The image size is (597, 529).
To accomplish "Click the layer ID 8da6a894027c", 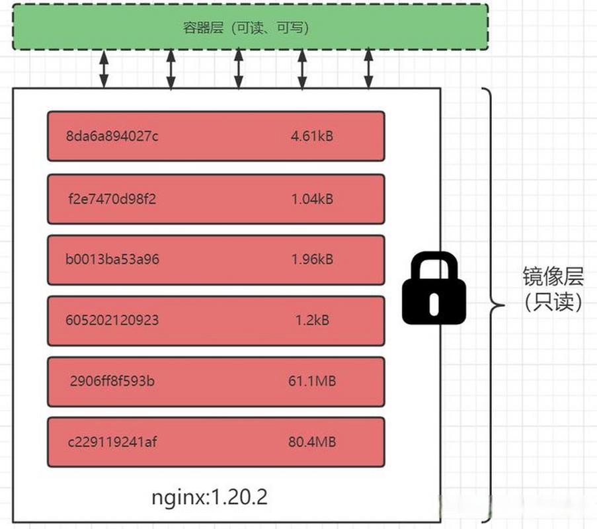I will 112,136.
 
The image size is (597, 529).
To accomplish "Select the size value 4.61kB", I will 311,136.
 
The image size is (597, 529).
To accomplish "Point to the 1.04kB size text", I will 312,198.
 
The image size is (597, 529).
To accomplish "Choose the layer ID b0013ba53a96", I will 112,259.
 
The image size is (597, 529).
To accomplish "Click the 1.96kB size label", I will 312,259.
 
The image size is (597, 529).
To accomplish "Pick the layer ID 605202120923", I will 112,321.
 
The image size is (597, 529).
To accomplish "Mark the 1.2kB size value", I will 312,321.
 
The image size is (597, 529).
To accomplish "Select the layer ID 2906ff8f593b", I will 112,381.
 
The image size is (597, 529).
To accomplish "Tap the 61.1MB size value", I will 312,381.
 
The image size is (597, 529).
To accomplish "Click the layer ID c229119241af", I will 112,442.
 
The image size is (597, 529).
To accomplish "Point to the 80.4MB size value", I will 312,442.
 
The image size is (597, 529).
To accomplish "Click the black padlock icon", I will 434,291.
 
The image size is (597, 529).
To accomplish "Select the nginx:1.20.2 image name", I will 210,498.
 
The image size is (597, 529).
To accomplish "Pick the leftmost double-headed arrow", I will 104,69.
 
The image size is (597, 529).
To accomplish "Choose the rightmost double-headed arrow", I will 368,69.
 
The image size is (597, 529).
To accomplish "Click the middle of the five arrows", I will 239,69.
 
